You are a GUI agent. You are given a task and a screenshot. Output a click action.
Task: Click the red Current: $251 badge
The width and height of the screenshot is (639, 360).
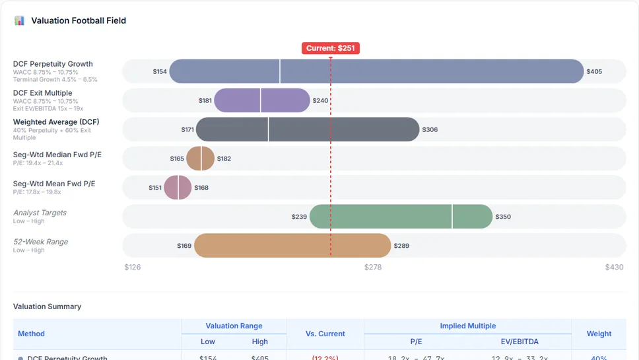click(331, 48)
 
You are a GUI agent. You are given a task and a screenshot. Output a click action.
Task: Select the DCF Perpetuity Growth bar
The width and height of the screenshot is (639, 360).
click(376, 71)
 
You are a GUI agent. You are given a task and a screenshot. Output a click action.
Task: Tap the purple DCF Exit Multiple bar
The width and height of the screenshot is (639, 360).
click(261, 100)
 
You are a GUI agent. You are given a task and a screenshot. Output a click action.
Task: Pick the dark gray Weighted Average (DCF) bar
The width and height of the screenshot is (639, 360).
click(307, 129)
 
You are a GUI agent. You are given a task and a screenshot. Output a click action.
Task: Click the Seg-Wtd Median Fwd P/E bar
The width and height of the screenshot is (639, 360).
click(200, 159)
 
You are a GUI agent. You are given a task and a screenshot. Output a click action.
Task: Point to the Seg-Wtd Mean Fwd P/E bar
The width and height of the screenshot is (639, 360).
click(178, 188)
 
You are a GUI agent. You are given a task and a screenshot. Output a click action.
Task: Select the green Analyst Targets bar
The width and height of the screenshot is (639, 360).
click(401, 217)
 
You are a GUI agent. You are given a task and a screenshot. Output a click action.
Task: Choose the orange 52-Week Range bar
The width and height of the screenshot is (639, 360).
click(292, 246)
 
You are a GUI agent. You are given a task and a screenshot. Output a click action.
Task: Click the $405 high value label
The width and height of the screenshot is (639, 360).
click(594, 71)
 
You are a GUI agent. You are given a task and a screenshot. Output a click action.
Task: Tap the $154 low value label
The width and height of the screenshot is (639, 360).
click(160, 71)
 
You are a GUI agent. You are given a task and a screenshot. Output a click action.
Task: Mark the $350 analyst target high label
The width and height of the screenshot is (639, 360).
click(503, 217)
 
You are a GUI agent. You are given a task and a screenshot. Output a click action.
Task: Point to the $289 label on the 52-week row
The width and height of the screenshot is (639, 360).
click(401, 246)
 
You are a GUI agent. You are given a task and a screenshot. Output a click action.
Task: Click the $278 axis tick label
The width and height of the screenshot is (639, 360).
click(373, 268)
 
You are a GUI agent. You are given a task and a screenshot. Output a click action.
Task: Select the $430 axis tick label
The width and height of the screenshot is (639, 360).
click(614, 268)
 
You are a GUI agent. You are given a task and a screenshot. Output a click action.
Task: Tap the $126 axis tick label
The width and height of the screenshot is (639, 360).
click(133, 268)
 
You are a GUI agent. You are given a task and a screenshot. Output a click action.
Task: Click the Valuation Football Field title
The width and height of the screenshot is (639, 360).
click(79, 20)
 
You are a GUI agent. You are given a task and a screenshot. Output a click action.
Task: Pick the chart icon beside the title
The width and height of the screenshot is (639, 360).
click(19, 20)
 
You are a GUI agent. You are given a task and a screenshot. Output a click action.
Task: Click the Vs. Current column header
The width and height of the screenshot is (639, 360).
click(325, 334)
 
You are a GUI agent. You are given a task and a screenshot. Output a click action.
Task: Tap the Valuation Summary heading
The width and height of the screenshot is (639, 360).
click(47, 306)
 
